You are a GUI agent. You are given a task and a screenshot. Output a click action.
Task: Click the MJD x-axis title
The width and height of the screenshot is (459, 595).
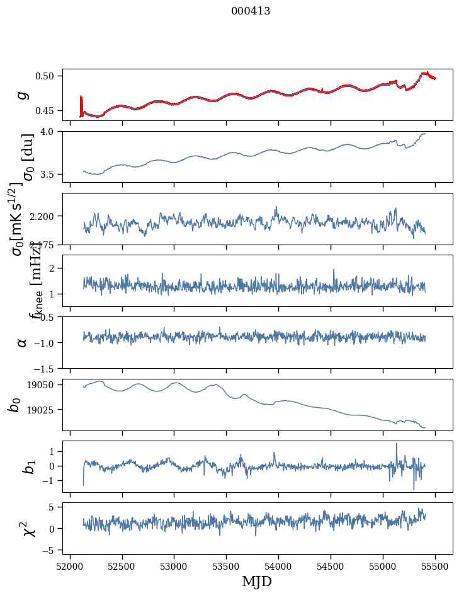pos(257,582)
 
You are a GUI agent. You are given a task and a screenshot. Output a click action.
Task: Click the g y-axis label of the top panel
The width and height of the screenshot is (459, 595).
pos(23,95)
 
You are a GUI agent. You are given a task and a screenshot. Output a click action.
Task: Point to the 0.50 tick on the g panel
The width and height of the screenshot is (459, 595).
pos(48,76)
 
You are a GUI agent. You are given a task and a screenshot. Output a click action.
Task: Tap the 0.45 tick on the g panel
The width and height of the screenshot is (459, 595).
pos(48,111)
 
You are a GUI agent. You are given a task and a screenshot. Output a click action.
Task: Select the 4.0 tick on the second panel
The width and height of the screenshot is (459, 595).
pos(52,131)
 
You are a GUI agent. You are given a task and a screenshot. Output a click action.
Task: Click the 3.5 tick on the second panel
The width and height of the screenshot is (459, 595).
pos(52,174)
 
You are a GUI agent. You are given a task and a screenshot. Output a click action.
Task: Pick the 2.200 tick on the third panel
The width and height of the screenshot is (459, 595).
pos(44,216)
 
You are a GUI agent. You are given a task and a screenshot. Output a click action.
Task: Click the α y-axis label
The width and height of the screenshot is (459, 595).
pos(23,342)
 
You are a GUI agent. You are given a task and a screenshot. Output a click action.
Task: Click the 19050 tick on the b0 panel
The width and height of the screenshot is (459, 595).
pos(44,384)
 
